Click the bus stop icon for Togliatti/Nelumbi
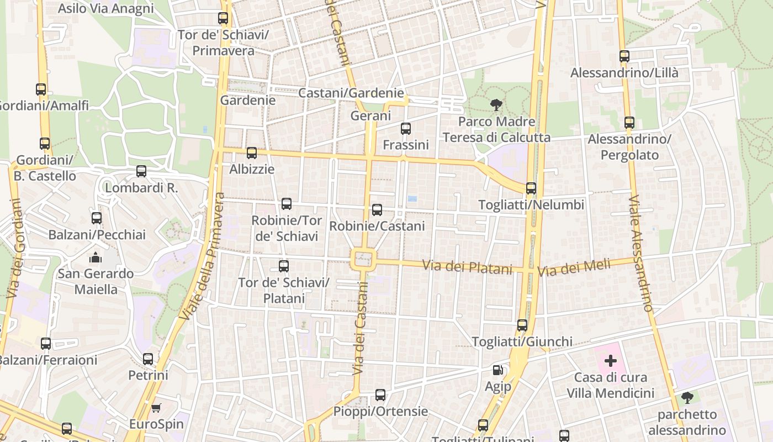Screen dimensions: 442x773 click(x=531, y=188)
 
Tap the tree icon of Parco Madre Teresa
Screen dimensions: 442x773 click(x=496, y=105)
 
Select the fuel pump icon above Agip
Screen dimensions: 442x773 click(x=498, y=370)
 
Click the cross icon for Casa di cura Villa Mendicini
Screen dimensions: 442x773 click(x=610, y=361)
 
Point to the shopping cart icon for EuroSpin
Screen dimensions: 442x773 click(x=156, y=408)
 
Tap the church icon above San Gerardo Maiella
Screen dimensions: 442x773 click(x=96, y=257)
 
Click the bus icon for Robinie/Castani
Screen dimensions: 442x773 click(x=377, y=210)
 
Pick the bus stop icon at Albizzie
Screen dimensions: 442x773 click(x=252, y=153)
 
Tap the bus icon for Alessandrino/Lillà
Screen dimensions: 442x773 click(x=624, y=56)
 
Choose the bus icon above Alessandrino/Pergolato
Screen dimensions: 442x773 click(x=629, y=123)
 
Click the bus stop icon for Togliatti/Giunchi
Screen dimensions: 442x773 click(x=522, y=325)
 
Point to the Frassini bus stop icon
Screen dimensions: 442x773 click(x=406, y=129)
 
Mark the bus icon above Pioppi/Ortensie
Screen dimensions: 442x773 click(x=380, y=395)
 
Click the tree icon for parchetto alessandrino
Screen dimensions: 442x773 click(x=687, y=398)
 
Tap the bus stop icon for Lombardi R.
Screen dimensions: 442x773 click(x=141, y=171)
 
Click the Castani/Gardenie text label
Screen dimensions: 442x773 click(x=351, y=93)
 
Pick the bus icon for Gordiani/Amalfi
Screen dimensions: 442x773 click(x=41, y=89)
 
